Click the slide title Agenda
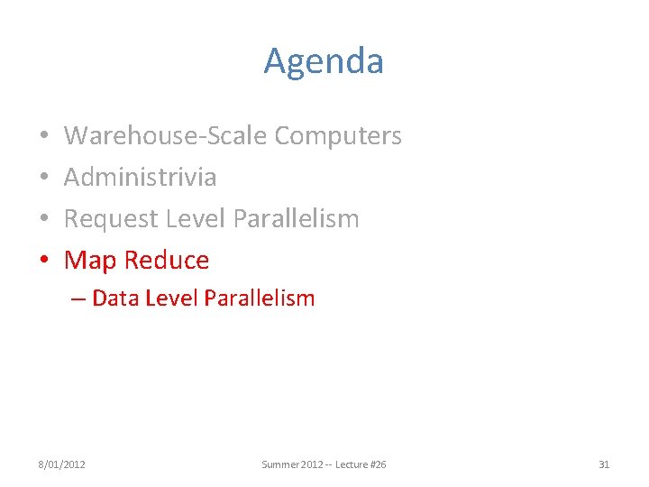coord(324,61)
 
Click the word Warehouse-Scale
coord(166,135)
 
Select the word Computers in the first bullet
coord(338,135)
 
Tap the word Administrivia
coord(140,177)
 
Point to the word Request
coord(114,218)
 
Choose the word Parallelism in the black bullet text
coord(296,218)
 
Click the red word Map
coord(91,261)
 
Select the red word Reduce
coord(167,261)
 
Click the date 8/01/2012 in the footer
coord(61,464)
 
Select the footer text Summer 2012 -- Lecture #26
coord(324,464)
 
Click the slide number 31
coord(604,464)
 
